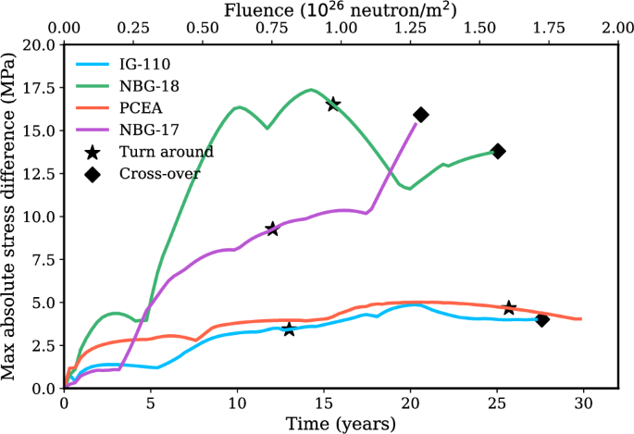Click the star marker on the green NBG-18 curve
coord(333,104)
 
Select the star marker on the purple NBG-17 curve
coord(272,229)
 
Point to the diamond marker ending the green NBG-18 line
coord(498,151)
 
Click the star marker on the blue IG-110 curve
coord(289,329)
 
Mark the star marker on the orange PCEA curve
coord(509,307)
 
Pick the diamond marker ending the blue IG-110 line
coord(542,319)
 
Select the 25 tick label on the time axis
coord(496,404)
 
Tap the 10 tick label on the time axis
coord(237,404)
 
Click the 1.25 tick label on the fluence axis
coord(410,29)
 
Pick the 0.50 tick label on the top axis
coord(202,29)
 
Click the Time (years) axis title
coord(340,423)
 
